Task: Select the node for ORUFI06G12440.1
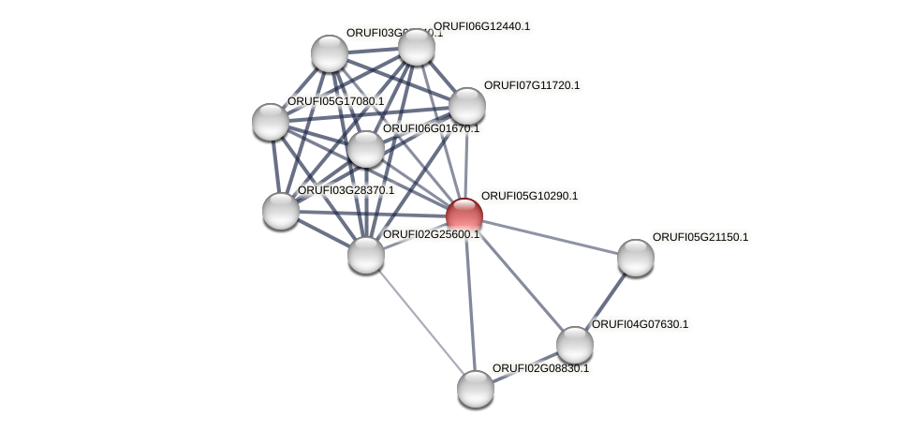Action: pyautogui.click(x=417, y=47)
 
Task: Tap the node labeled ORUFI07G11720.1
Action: pyautogui.click(x=467, y=106)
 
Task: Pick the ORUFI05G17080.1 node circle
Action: pyautogui.click(x=271, y=122)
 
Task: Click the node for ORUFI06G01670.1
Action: pyautogui.click(x=366, y=149)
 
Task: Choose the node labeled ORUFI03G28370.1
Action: pyautogui.click(x=281, y=211)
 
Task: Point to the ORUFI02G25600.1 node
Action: pyautogui.click(x=366, y=254)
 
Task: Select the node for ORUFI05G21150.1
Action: pyautogui.click(x=636, y=258)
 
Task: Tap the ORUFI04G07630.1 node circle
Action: pyautogui.click(x=575, y=345)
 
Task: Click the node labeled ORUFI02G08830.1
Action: pyautogui.click(x=476, y=389)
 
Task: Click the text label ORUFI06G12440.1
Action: pyautogui.click(x=481, y=26)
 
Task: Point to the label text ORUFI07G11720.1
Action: pyautogui.click(x=531, y=85)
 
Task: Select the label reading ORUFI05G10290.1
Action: pyautogui.click(x=529, y=196)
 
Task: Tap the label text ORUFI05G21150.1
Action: pyautogui.click(x=700, y=237)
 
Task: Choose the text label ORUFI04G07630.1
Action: pyautogui.click(x=640, y=324)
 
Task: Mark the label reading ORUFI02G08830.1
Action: pyautogui.click(x=540, y=368)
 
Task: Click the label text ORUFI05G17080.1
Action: pyautogui.click(x=335, y=101)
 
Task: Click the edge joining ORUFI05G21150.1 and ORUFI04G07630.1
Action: pyautogui.click(x=606, y=301)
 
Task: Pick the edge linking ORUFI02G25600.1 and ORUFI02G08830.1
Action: pyautogui.click(x=420, y=321)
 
